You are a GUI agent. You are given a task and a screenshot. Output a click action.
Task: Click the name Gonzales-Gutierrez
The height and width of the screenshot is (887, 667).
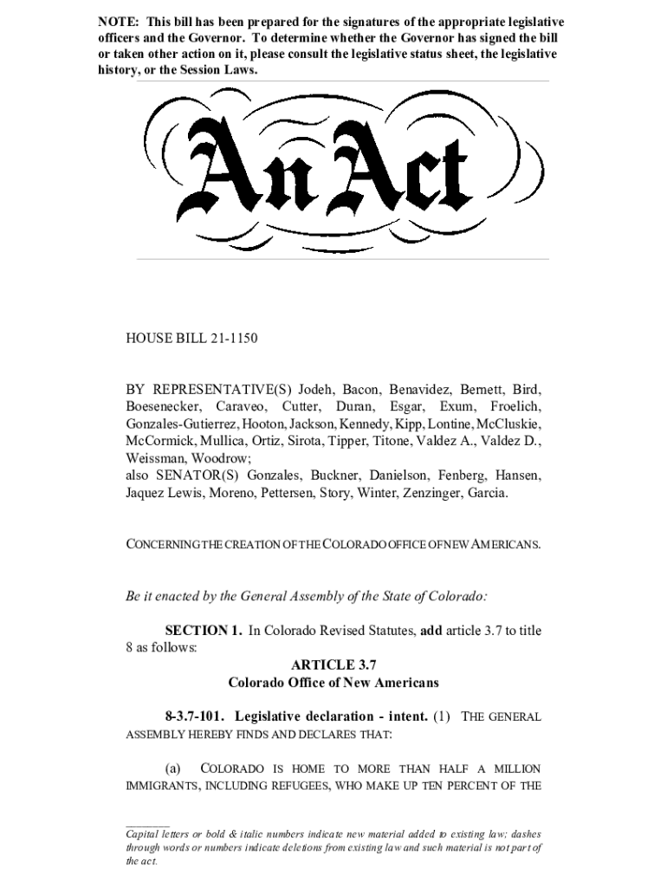point(179,424)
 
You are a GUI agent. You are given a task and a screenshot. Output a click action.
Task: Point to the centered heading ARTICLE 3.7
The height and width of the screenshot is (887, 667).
point(333,665)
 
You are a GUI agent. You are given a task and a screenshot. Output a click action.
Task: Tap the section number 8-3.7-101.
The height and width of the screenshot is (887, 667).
point(196,716)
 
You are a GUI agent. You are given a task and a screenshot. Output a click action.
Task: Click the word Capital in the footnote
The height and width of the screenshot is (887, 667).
point(146,833)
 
